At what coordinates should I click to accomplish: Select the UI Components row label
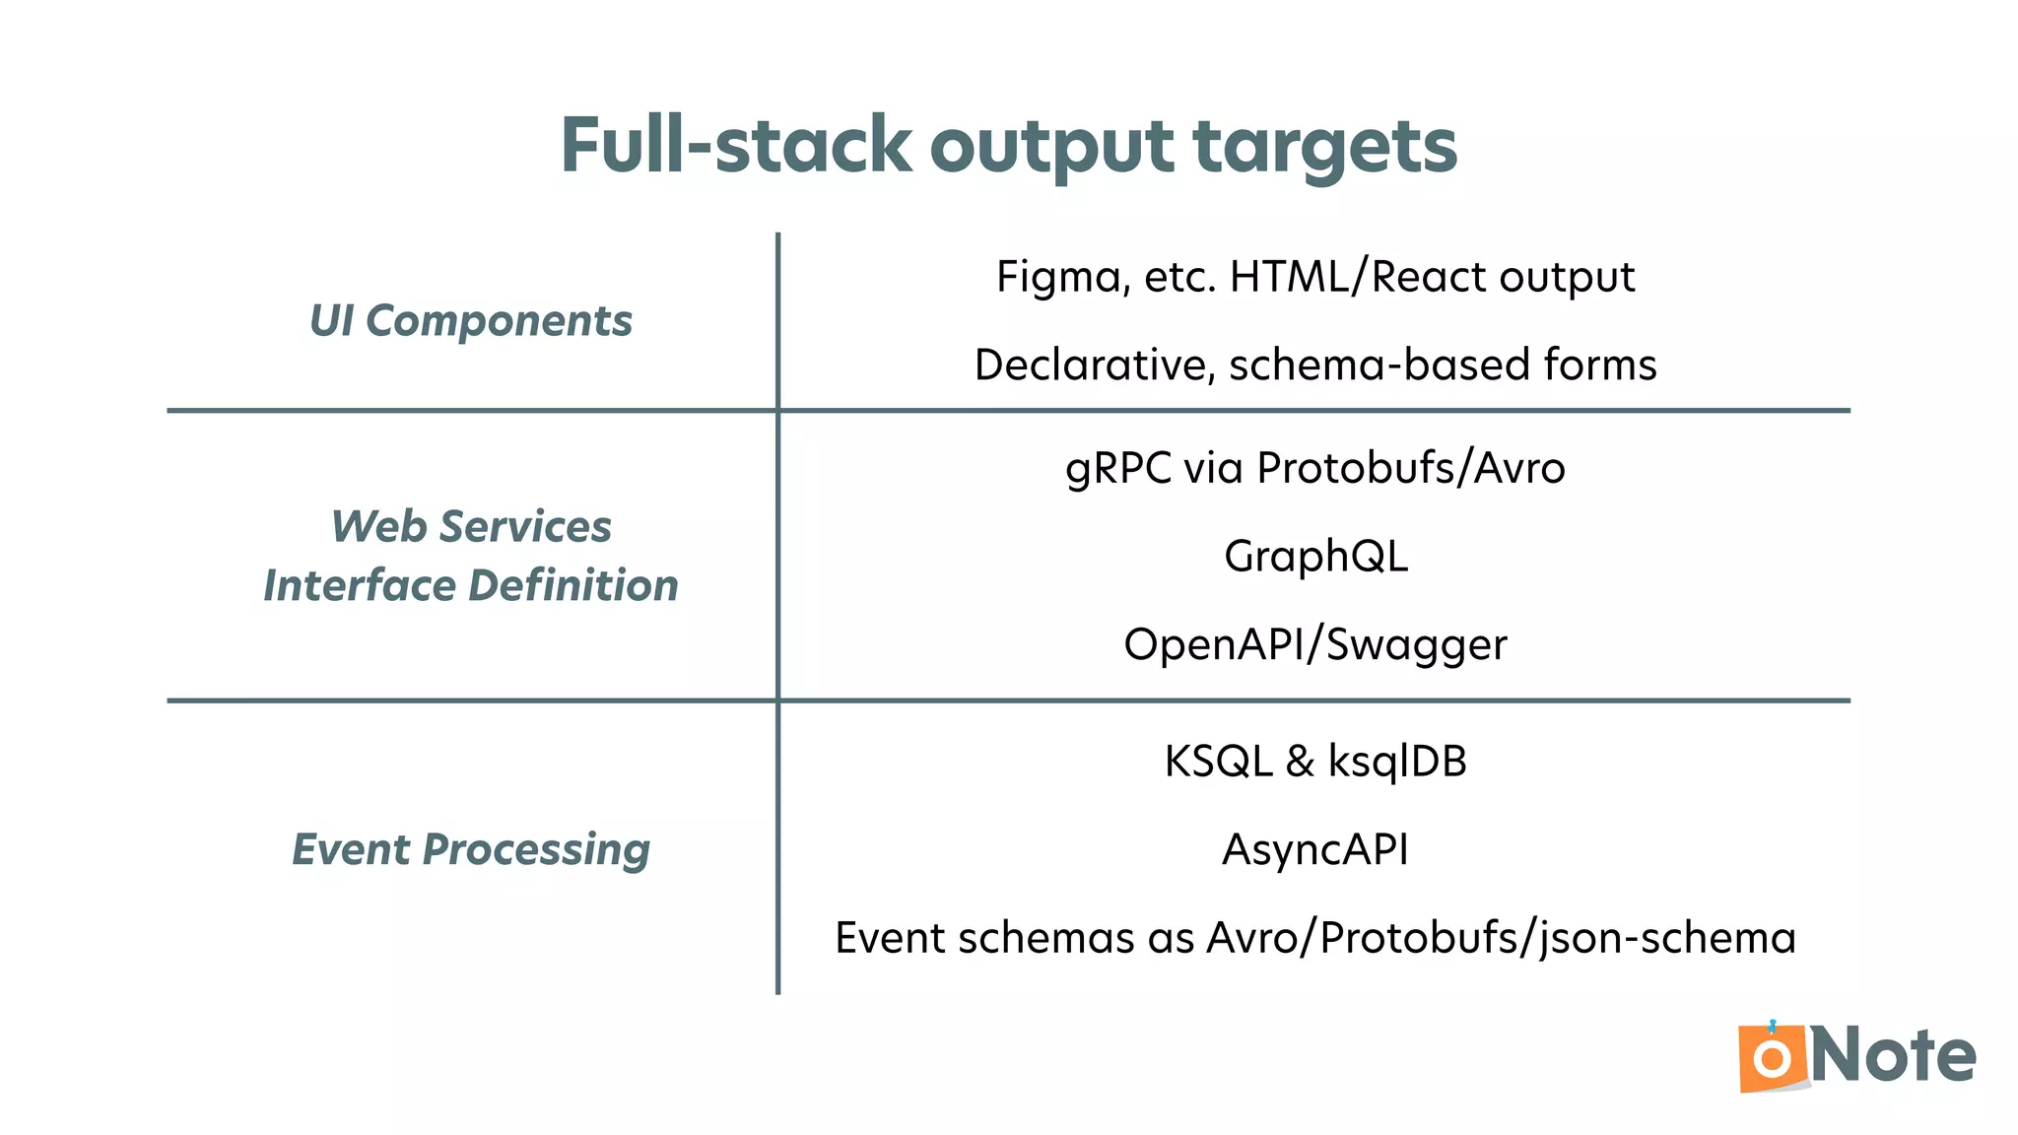tap(471, 321)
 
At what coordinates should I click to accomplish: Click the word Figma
tap(1060, 277)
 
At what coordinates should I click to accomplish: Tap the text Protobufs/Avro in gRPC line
tap(1410, 468)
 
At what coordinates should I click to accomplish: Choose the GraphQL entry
tap(1315, 556)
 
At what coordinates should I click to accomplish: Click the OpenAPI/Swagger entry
tap(1315, 644)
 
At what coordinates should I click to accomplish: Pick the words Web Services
tap(471, 527)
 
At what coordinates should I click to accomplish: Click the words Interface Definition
tap(471, 585)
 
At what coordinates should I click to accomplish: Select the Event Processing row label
tap(471, 849)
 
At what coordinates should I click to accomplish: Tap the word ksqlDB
tap(1397, 762)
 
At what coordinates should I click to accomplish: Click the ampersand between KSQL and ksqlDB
tap(1300, 762)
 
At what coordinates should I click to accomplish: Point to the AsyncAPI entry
tap(1315, 849)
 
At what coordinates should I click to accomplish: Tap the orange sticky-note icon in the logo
tap(1772, 1058)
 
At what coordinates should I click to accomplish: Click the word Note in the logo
tap(1893, 1056)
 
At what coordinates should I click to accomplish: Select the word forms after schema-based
tap(1600, 365)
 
